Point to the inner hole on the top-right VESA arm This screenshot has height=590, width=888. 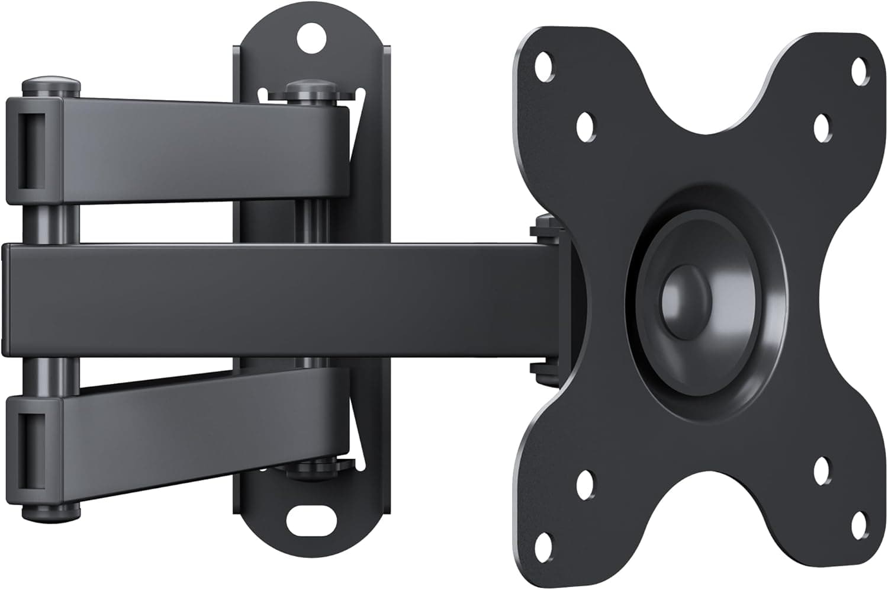point(822,126)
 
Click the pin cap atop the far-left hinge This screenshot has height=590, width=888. point(51,84)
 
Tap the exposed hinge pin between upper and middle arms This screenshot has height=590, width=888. point(51,223)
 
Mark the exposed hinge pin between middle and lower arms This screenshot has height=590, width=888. point(51,377)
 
